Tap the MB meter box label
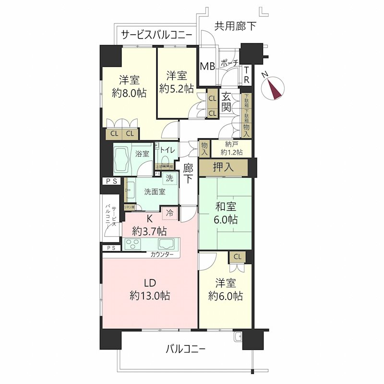coord(207,66)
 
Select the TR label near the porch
coord(246,75)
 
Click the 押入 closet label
coord(223,168)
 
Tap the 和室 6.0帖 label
coord(225,214)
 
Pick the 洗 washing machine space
coord(169,177)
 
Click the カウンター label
coord(162,254)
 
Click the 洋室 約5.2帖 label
coord(177,82)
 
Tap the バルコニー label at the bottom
coord(186,349)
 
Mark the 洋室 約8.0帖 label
coord(129,86)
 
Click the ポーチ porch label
coord(229,63)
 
